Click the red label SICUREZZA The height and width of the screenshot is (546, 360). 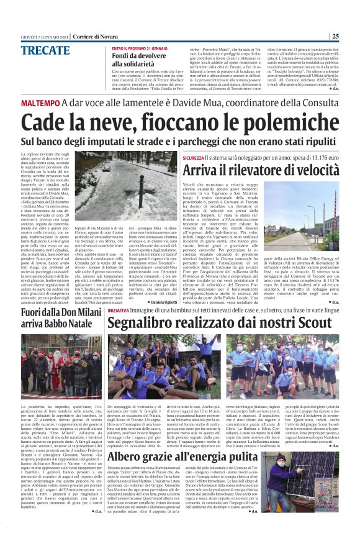193,158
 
